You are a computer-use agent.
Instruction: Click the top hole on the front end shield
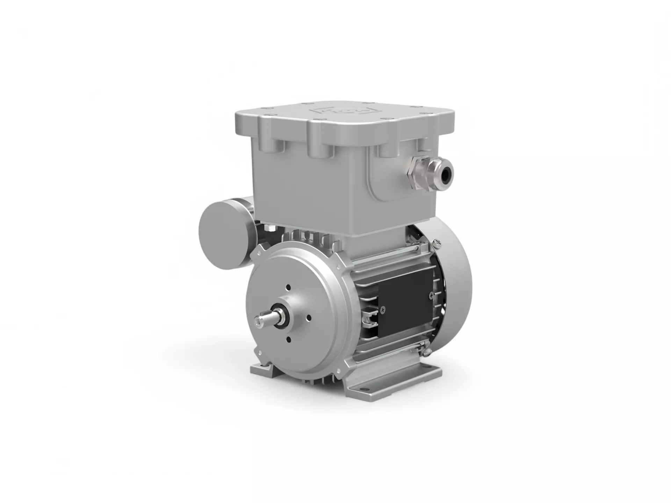pyautogui.click(x=288, y=287)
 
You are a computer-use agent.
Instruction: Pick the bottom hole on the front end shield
pyautogui.click(x=289, y=339)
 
